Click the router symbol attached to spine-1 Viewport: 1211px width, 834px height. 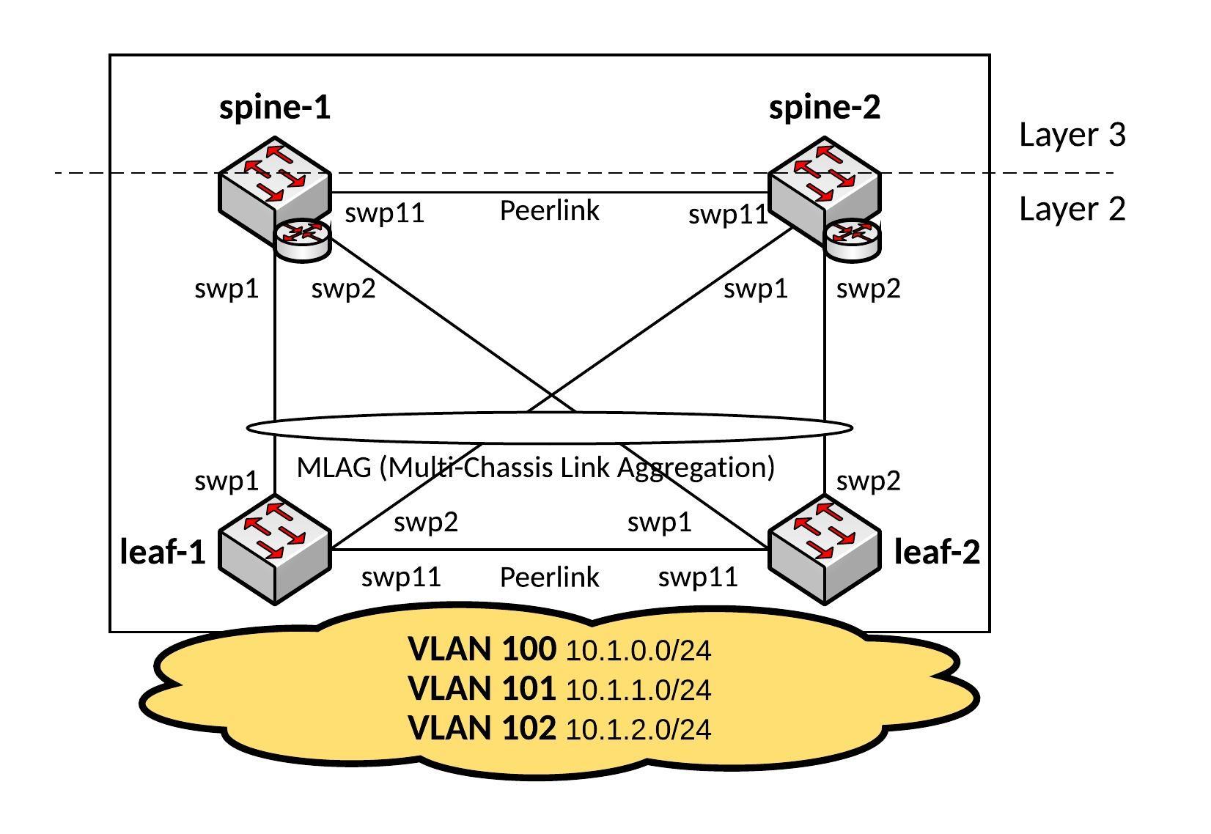pyautogui.click(x=302, y=239)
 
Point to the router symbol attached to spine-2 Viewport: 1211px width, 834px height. pyautogui.click(x=852, y=239)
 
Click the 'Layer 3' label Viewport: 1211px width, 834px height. pyautogui.click(x=1072, y=135)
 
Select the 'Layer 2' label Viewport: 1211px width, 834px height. pyautogui.click(x=1072, y=209)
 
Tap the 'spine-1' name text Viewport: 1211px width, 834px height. pyautogui.click(x=275, y=108)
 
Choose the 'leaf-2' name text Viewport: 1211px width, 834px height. pyautogui.click(x=937, y=552)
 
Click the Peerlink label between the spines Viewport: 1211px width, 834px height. pyautogui.click(x=549, y=211)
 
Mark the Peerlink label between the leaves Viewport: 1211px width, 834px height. pyautogui.click(x=549, y=577)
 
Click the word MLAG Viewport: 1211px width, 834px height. pyautogui.click(x=334, y=468)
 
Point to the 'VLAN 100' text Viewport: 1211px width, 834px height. pyautogui.click(x=482, y=649)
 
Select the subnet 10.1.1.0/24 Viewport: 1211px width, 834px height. pyautogui.click(x=638, y=690)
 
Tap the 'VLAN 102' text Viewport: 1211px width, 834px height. pyautogui.click(x=482, y=728)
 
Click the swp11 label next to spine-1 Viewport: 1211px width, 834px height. pyautogui.click(x=385, y=214)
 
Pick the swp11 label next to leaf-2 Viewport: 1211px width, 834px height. pyautogui.click(x=698, y=577)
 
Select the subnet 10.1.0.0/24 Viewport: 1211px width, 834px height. pyautogui.click(x=638, y=651)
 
